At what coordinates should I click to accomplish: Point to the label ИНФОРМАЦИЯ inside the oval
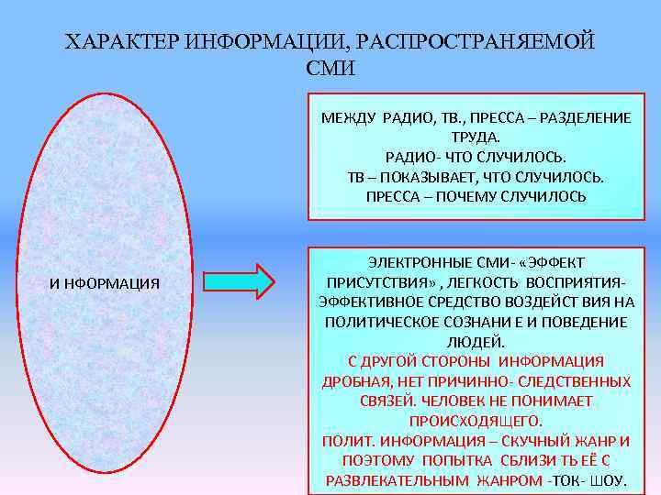(x=104, y=283)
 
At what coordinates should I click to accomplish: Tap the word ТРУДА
(x=476, y=137)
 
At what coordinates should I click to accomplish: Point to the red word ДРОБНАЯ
(x=353, y=381)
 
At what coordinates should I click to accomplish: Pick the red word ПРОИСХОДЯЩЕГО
(x=476, y=421)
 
